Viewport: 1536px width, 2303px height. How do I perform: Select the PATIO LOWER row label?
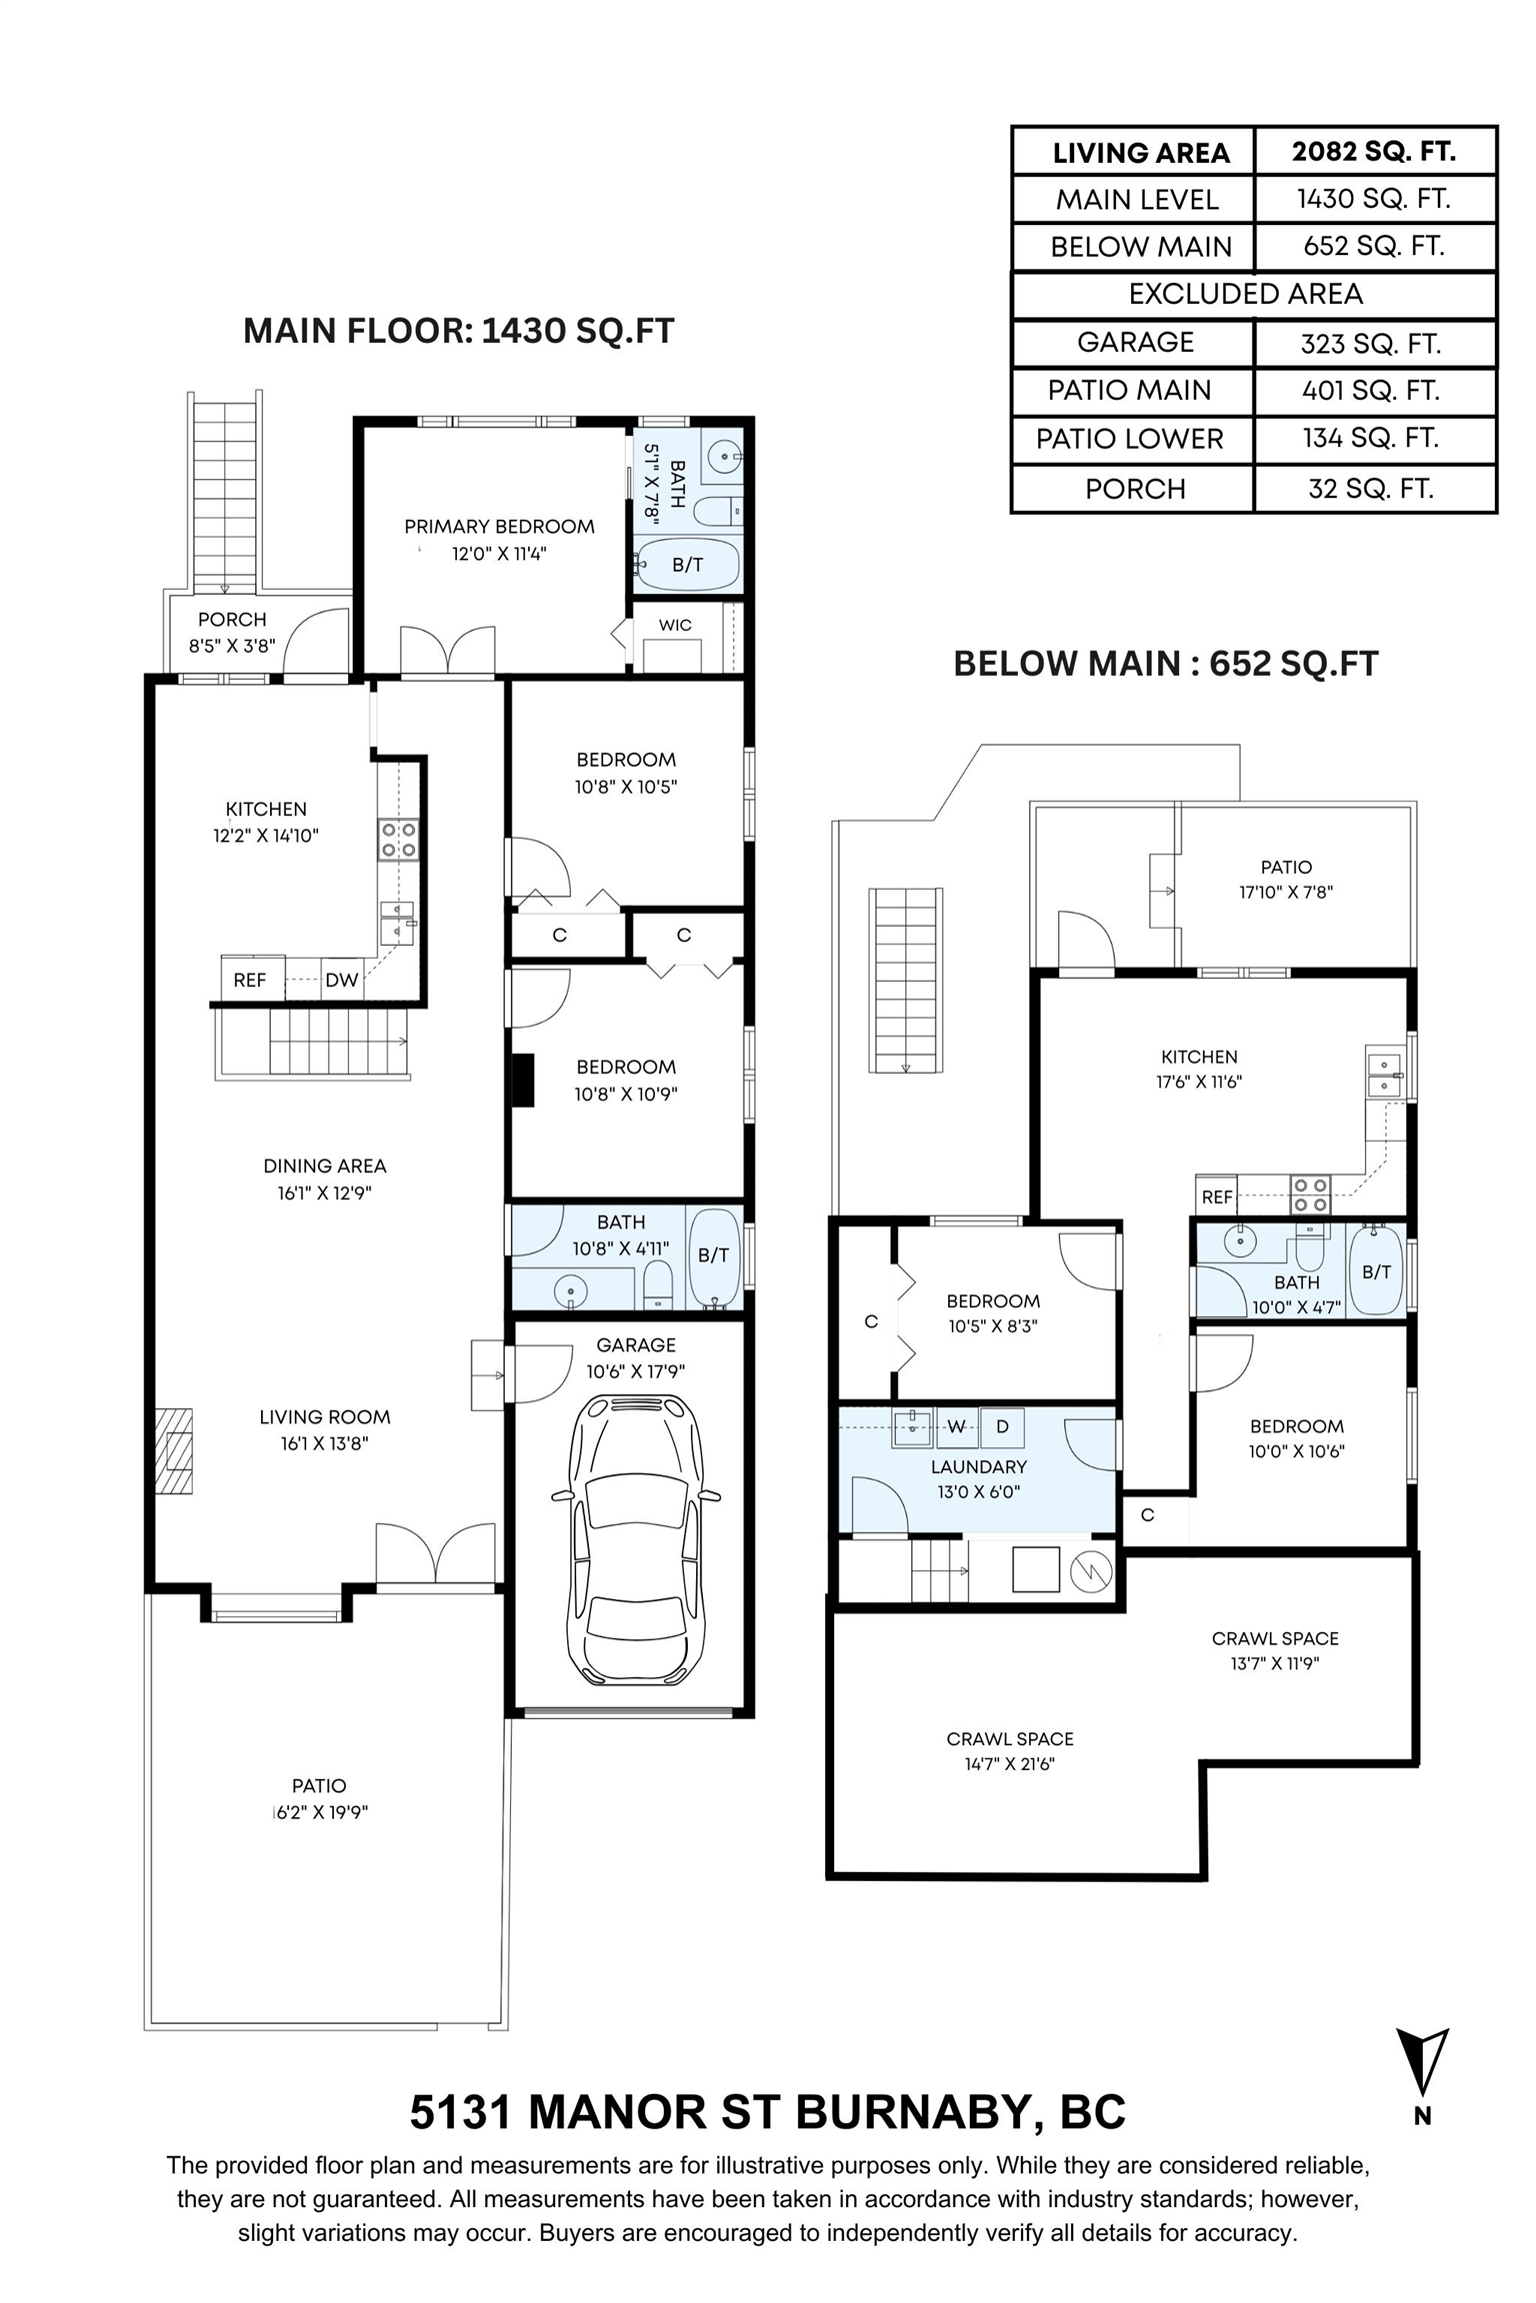click(1129, 439)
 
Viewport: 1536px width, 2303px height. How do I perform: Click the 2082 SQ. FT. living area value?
click(1373, 151)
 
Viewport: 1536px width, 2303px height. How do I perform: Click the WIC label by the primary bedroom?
click(675, 625)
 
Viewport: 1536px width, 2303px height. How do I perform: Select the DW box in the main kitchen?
click(342, 981)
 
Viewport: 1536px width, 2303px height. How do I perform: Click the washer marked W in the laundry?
click(956, 1426)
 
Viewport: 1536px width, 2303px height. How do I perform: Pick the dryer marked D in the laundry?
click(1002, 1426)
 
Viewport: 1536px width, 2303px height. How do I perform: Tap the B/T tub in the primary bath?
click(688, 565)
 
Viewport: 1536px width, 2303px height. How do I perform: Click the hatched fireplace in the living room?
click(173, 1450)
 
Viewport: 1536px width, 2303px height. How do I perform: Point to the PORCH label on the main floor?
click(232, 620)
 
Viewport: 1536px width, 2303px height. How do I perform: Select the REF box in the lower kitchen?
click(1217, 1195)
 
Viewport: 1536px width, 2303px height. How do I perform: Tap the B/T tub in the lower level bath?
click(1377, 1271)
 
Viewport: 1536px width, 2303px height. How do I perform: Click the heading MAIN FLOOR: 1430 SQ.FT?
click(459, 331)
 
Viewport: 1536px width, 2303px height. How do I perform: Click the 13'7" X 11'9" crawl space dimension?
click(1275, 1663)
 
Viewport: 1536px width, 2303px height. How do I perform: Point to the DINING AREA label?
click(325, 1165)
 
